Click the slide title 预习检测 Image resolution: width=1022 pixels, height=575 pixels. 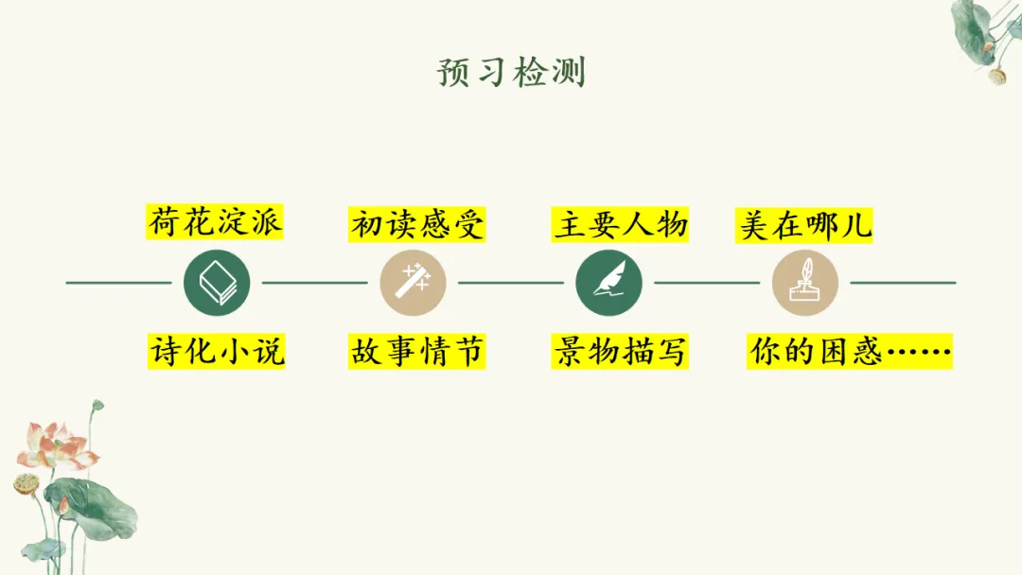click(x=511, y=72)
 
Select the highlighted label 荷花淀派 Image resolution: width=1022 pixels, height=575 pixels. click(x=216, y=224)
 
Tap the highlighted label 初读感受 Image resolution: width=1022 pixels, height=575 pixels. click(x=417, y=225)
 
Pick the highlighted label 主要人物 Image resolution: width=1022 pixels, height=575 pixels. click(x=620, y=225)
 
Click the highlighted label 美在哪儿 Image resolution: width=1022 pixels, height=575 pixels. click(x=804, y=225)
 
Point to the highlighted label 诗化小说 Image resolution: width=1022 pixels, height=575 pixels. click(x=216, y=352)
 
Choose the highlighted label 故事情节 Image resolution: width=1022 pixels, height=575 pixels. click(x=417, y=352)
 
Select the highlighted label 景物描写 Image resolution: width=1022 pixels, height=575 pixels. click(x=620, y=352)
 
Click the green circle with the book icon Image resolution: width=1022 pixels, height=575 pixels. click(x=217, y=283)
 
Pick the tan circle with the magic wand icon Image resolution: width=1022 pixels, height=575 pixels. click(x=414, y=283)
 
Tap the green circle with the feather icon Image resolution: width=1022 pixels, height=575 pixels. click(x=609, y=283)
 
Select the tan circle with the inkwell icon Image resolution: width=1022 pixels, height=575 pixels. click(x=805, y=283)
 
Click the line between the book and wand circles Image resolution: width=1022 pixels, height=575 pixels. click(x=315, y=283)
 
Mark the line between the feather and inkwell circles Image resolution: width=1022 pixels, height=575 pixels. click(x=708, y=283)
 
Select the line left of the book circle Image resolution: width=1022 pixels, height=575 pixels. click(x=118, y=283)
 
